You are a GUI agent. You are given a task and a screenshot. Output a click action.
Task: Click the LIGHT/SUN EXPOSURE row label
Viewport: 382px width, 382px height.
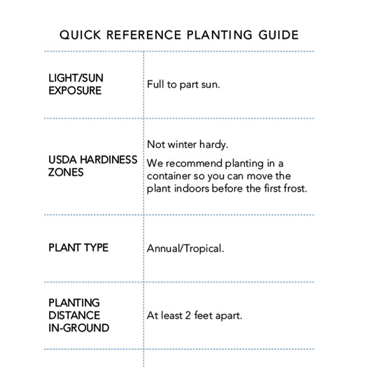point(75,84)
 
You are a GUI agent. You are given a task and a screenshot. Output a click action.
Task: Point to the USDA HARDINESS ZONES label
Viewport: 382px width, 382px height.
point(92,166)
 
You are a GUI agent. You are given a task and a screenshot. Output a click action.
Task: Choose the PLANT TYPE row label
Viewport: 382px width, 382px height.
point(78,248)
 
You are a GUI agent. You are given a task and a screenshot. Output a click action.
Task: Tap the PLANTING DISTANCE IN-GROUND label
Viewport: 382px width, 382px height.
point(78,315)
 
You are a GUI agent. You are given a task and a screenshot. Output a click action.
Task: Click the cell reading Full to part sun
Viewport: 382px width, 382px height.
point(183,84)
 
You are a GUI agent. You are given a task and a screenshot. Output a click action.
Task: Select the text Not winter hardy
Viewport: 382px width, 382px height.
point(188,145)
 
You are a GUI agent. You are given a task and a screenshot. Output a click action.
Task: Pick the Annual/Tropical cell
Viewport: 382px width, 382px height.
point(185,248)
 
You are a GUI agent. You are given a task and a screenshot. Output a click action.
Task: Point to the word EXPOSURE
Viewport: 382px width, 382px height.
point(75,90)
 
